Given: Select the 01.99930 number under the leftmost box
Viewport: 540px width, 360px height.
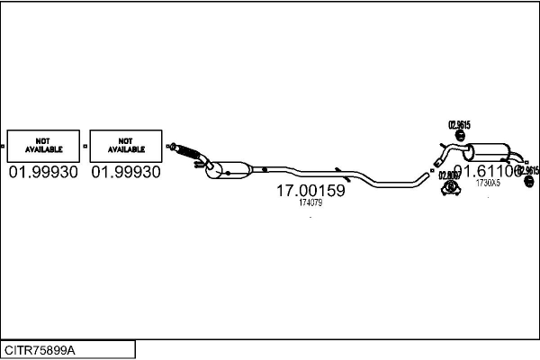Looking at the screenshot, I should [x=42, y=172].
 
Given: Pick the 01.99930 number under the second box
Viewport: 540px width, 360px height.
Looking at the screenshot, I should [x=126, y=172].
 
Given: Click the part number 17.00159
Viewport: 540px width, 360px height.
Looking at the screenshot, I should [x=310, y=191].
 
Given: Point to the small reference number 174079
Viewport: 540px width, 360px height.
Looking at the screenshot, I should [x=310, y=203].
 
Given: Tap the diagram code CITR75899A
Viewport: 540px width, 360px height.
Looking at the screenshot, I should [x=40, y=349].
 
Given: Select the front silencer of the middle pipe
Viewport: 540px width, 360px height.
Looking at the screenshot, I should [x=230, y=168].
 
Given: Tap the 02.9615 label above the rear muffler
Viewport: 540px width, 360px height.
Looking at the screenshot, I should [x=458, y=124].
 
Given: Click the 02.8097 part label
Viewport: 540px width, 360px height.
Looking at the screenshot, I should [x=449, y=175].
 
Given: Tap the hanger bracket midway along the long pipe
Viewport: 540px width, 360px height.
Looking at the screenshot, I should [x=337, y=169].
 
